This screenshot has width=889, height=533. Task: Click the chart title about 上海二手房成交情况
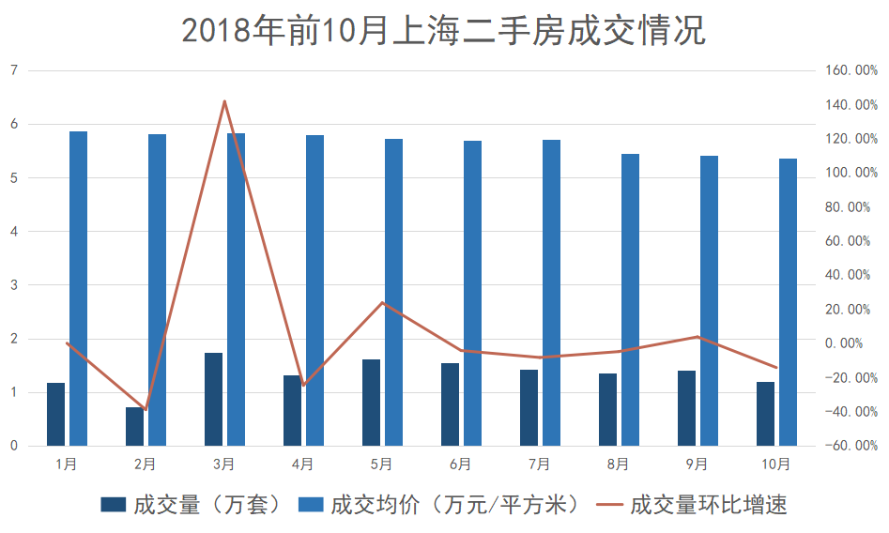tap(443, 30)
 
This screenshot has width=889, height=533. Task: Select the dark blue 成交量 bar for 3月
tap(214, 399)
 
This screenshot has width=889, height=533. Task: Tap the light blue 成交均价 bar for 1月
tap(79, 288)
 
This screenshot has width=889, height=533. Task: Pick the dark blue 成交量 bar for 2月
tap(135, 426)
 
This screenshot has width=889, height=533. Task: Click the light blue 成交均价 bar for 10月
tap(788, 302)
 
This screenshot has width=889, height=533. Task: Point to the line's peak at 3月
tap(224, 100)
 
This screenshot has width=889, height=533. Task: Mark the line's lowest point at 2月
tap(146, 410)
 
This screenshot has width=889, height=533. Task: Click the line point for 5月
tap(382, 302)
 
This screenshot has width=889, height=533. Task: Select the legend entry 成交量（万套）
tap(192, 505)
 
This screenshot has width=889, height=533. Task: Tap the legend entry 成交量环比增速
tap(695, 505)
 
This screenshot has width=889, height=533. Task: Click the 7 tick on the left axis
tap(14, 70)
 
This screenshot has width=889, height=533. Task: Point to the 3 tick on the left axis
tap(14, 285)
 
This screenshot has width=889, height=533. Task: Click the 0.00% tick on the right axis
tap(849, 343)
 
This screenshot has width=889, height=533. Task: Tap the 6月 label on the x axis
tap(460, 464)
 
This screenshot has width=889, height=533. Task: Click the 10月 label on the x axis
tap(776, 464)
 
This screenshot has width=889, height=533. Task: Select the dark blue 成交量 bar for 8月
tap(608, 409)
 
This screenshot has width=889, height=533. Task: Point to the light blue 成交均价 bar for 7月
tap(551, 293)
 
